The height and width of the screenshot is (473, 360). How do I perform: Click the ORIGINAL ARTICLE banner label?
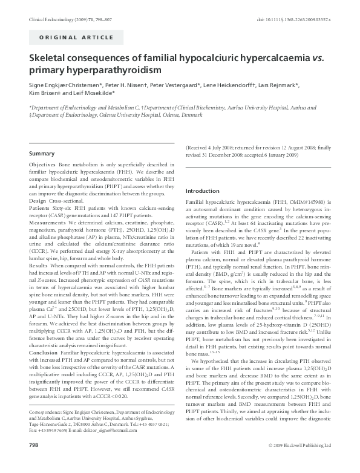tap(68, 38)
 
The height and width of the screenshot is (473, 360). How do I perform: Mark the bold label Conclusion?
tap(44, 351)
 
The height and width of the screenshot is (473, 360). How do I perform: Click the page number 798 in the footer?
tap(34, 462)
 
